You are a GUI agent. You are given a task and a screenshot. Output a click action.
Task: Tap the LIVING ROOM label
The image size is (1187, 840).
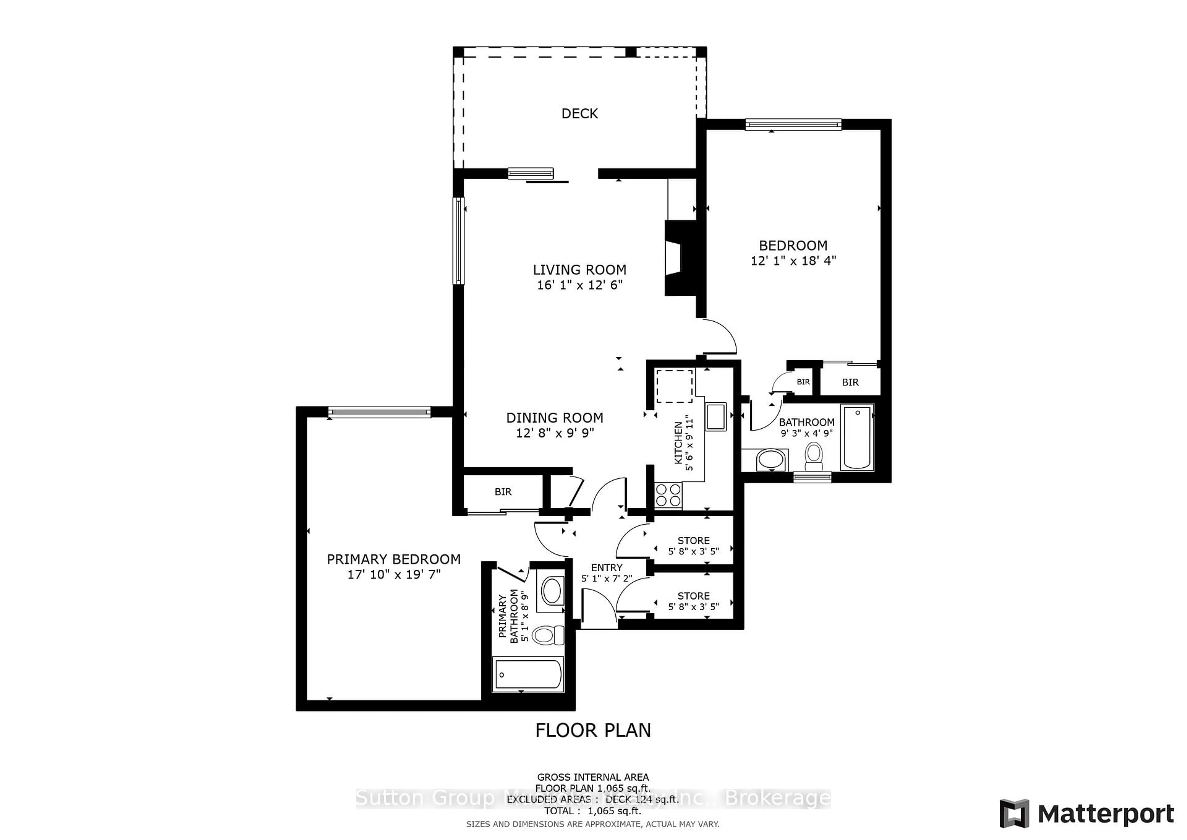[580, 269]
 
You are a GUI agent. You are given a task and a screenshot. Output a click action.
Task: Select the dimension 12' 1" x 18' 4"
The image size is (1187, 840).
[793, 261]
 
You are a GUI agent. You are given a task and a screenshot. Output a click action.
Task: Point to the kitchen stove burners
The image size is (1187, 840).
[668, 495]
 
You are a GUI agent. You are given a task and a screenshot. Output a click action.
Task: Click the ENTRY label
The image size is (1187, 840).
[606, 568]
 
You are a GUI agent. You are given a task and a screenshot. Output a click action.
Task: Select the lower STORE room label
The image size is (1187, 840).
[693, 596]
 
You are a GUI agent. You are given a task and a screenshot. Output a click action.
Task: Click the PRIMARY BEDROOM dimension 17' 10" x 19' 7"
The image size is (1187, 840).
[394, 574]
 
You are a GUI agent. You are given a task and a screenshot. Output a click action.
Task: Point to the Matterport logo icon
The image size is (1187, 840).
[1014, 814]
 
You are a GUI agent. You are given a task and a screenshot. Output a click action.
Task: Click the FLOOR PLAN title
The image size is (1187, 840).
[593, 730]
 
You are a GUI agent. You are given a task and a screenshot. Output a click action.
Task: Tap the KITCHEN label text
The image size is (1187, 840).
[678, 443]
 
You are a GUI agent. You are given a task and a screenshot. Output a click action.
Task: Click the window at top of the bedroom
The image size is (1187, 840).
[793, 124]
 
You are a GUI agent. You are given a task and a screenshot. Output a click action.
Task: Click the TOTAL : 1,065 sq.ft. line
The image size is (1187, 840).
[593, 811]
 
